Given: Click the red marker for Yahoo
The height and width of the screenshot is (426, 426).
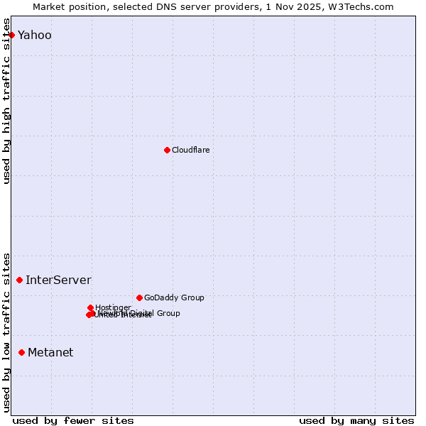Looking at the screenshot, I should tap(11, 35).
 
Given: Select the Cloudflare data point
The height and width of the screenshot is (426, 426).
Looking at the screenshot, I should tap(167, 150).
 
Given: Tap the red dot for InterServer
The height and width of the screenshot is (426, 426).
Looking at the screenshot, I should tap(19, 280).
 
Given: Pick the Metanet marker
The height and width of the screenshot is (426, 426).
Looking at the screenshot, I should tap(21, 352).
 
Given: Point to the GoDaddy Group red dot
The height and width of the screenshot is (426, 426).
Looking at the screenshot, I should tap(139, 297).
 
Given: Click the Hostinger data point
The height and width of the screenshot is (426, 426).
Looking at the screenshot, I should tap(90, 307).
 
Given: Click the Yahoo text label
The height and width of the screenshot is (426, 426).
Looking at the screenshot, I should tap(34, 35).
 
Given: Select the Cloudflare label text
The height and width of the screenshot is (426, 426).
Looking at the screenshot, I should tap(190, 150).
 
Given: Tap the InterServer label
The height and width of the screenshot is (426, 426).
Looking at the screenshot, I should tap(58, 280).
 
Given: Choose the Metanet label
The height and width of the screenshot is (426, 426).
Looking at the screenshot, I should tap(50, 352).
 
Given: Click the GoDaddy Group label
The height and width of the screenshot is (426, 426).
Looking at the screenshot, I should tap(174, 297).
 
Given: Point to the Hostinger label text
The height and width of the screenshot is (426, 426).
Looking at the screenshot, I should tap(113, 307).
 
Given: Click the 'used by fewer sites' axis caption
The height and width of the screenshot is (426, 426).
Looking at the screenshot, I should tap(73, 420).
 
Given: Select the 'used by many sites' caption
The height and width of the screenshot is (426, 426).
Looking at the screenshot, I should tap(356, 420).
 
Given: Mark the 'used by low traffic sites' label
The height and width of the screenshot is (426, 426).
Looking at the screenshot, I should tap(7, 332).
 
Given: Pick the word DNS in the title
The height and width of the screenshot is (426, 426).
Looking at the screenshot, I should tap(177, 6).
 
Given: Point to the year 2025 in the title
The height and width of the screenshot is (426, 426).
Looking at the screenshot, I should tap(311, 6).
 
